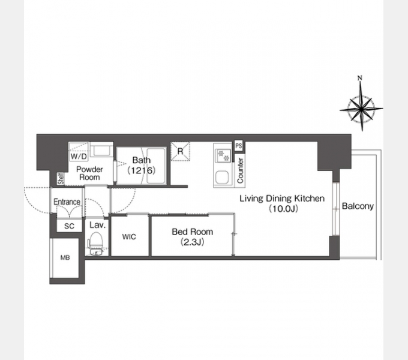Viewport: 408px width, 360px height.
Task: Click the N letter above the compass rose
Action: [360, 78]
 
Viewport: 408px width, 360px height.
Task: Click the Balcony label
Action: [358, 206]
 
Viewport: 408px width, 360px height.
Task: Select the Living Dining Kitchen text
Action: [282, 199]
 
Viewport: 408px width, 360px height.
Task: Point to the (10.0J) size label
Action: [283, 209]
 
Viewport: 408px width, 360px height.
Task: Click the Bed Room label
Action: [192, 232]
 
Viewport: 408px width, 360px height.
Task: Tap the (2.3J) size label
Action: [192, 242]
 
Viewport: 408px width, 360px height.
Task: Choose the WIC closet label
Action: [129, 237]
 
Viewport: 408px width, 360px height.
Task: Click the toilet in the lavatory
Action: [95, 244]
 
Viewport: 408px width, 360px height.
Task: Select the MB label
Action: [65, 257]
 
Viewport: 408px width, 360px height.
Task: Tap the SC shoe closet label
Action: [69, 226]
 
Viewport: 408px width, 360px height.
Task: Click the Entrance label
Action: [67, 202]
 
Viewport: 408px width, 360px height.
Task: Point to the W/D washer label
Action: [79, 157]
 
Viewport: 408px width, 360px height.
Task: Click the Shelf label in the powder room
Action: [61, 179]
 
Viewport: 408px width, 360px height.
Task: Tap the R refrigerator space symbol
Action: [180, 151]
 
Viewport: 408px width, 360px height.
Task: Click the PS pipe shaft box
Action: [239, 146]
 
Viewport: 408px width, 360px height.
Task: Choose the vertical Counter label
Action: [240, 170]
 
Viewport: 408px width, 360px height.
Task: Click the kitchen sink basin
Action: [222, 178]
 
